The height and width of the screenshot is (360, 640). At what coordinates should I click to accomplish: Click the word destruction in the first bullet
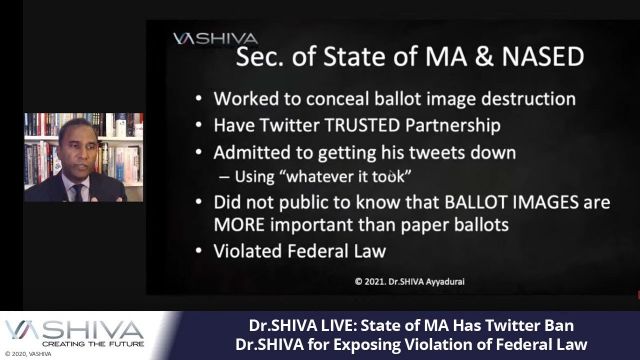click(524, 99)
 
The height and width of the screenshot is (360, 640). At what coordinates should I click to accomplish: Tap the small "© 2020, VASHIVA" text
click(27, 354)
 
